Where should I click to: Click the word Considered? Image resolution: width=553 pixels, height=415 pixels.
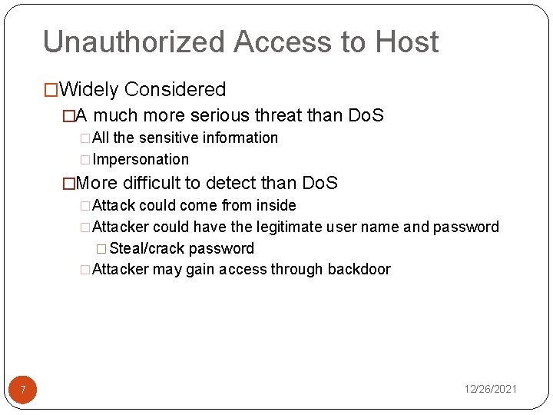[x=175, y=90]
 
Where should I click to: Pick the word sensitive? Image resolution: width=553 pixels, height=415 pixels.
[x=172, y=138]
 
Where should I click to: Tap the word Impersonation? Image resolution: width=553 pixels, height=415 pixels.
[x=141, y=160]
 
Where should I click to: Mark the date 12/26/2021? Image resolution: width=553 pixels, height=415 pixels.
[x=490, y=390]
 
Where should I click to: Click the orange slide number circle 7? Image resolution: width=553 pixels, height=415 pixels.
[x=23, y=390]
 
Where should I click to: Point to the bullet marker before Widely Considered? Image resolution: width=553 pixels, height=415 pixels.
[x=51, y=91]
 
